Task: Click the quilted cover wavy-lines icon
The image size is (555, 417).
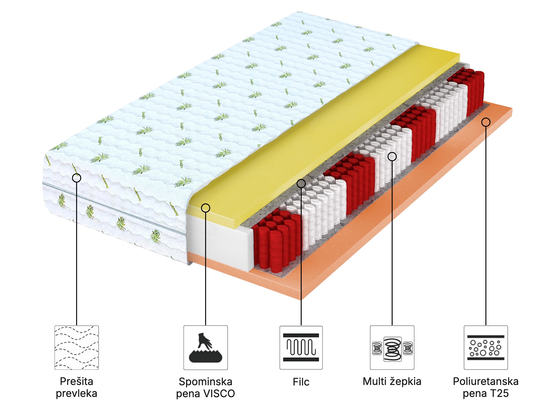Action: tap(76, 347)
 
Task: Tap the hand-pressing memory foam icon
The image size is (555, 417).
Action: tap(205, 347)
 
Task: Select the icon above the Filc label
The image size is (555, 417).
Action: tap(301, 347)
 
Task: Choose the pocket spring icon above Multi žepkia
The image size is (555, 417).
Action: tap(392, 347)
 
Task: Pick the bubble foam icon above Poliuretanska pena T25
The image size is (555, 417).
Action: tap(486, 347)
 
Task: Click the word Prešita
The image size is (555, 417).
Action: tap(76, 381)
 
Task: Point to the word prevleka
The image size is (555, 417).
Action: tap(76, 393)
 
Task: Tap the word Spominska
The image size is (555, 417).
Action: tap(205, 382)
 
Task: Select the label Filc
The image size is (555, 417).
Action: tap(301, 382)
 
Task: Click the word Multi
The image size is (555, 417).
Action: tap(375, 381)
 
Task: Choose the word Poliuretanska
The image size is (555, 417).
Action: tap(486, 381)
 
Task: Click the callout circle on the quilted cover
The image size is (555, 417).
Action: tap(77, 178)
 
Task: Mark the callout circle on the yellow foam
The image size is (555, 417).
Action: tap(206, 208)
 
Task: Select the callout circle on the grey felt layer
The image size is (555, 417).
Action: tap(301, 184)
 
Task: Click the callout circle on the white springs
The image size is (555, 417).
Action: tap(392, 156)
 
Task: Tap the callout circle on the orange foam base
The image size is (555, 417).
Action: tap(486, 122)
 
